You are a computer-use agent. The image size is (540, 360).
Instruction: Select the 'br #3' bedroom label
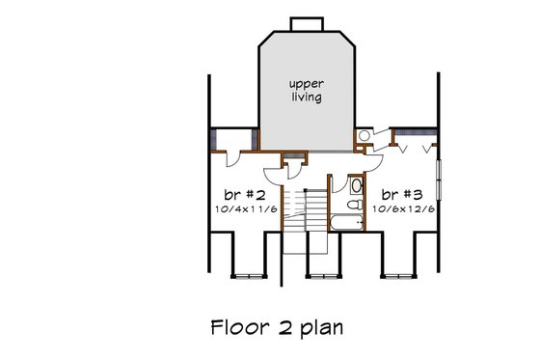click(x=395, y=193)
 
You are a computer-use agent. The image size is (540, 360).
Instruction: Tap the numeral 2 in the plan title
click(x=279, y=326)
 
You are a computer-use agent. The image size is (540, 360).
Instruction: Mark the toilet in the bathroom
click(x=354, y=205)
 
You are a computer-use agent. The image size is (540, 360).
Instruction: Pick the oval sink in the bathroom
click(x=355, y=185)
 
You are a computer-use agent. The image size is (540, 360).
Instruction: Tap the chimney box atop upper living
click(x=305, y=23)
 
